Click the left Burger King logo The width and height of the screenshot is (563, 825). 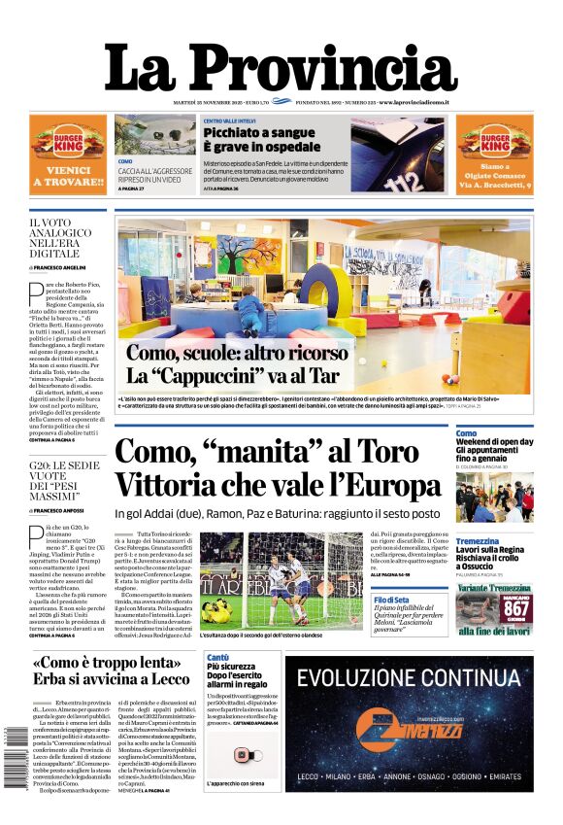[x=68, y=142]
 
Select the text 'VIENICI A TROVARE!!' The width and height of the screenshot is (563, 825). [x=68, y=174]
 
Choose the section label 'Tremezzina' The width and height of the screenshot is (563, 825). [x=478, y=540]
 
